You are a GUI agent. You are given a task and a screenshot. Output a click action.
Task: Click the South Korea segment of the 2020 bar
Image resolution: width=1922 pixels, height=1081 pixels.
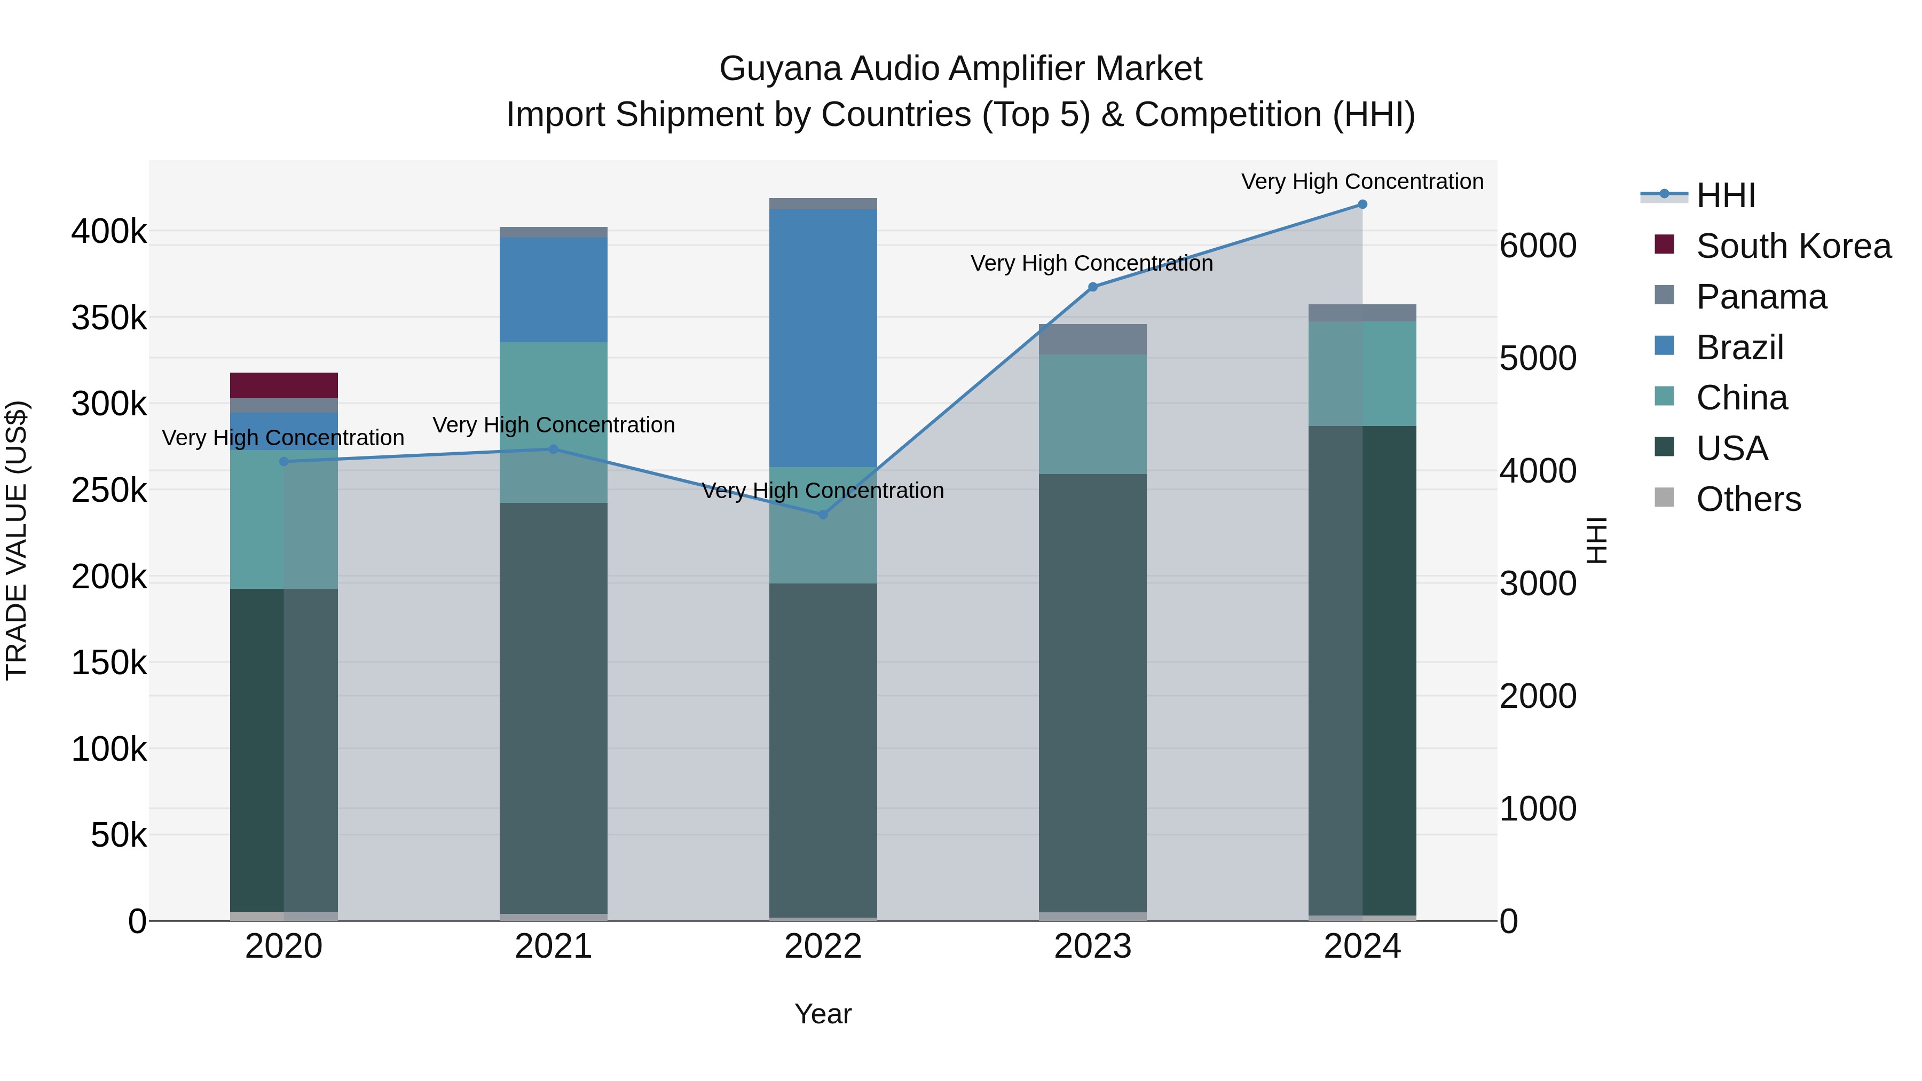(x=283, y=385)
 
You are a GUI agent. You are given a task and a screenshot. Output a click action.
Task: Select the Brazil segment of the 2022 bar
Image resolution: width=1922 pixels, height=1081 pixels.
(x=823, y=337)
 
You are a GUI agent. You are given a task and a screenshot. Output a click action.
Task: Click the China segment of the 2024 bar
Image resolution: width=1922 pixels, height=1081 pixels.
(x=1362, y=373)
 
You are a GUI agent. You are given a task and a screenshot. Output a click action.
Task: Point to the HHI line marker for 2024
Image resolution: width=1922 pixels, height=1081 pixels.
(x=1362, y=204)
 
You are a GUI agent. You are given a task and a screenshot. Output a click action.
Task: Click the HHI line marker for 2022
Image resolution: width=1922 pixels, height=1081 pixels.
(x=823, y=515)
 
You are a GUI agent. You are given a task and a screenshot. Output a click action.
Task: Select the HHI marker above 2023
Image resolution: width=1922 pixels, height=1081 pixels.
(x=1092, y=287)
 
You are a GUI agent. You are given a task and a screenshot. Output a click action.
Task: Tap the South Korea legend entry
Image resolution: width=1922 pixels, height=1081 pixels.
(x=1793, y=246)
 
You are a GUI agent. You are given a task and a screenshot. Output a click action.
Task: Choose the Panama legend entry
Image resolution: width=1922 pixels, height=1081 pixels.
(x=1761, y=297)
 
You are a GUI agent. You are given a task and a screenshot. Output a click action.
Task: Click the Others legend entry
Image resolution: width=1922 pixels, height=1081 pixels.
(x=1748, y=499)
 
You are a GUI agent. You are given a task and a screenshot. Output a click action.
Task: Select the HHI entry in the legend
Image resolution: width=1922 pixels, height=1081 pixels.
(x=1725, y=195)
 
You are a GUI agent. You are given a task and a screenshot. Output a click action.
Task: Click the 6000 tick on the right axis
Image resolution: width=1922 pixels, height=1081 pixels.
(x=1538, y=246)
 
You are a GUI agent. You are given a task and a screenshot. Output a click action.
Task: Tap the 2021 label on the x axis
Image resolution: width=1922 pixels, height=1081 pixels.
(x=553, y=946)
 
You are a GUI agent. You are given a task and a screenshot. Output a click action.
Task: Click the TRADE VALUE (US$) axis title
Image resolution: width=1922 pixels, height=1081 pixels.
(x=17, y=540)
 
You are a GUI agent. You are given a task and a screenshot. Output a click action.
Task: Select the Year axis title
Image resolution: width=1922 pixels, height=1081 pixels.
(x=823, y=1014)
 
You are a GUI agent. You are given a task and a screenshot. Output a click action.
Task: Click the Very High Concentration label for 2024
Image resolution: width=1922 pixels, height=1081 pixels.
(x=1362, y=182)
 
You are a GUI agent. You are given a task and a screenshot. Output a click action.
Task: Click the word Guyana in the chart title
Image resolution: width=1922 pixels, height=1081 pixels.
(x=779, y=69)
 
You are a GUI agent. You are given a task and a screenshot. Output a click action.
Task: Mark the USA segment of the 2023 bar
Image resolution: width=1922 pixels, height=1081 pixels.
(x=1092, y=694)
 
